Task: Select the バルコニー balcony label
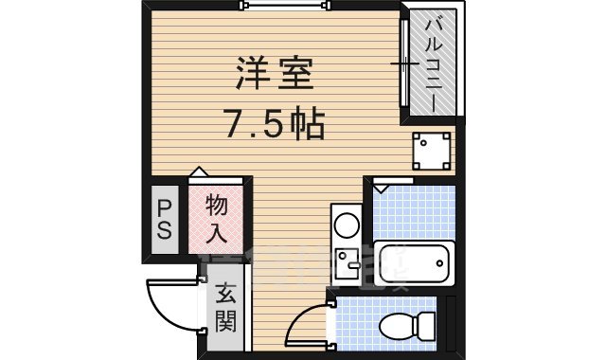pyautogui.click(x=433, y=64)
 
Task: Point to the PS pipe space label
pyautogui.click(x=164, y=218)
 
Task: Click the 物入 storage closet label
pyautogui.click(x=216, y=217)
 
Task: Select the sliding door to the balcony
pyautogui.click(x=403, y=64)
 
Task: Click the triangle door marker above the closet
pyautogui.click(x=198, y=171)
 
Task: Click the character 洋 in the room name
pyautogui.click(x=249, y=74)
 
